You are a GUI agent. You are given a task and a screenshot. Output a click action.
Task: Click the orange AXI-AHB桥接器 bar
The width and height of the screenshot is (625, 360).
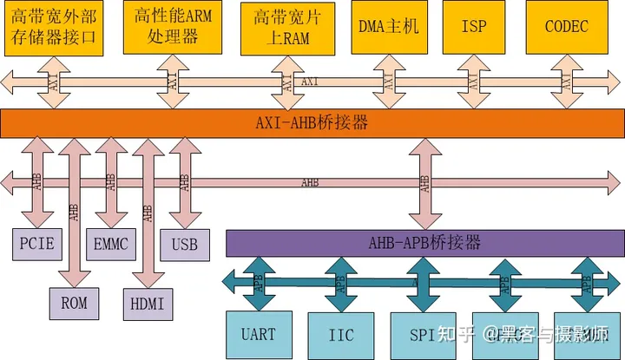[x=312, y=123]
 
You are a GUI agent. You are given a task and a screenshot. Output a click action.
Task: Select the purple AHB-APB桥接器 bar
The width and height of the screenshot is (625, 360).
[x=424, y=242]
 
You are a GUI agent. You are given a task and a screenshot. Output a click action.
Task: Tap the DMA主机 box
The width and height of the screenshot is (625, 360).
[x=388, y=27]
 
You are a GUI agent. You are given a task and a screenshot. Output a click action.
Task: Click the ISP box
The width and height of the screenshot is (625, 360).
[x=473, y=27]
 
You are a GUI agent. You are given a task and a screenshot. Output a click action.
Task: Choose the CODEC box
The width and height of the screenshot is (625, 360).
[x=566, y=27]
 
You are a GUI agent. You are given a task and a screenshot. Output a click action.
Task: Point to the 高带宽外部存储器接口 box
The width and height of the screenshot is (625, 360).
[x=54, y=27]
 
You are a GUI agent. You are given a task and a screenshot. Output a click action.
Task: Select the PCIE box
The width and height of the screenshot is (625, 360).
[x=37, y=245]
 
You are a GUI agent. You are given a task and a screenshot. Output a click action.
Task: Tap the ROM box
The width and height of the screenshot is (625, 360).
[x=73, y=304]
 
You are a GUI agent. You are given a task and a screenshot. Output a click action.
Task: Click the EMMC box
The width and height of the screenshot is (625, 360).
[x=110, y=245]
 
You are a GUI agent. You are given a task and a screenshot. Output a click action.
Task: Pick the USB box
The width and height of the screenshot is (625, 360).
[x=184, y=245]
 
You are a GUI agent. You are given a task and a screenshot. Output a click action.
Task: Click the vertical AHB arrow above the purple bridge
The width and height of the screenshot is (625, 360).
[x=424, y=182]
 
